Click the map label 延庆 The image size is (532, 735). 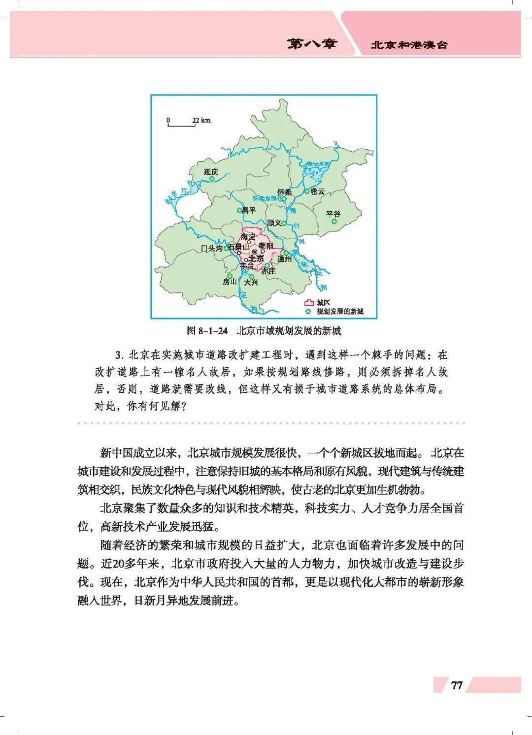210,172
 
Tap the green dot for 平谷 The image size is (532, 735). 334,222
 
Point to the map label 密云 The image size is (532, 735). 318,192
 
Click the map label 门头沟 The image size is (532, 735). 212,249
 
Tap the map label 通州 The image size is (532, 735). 284,259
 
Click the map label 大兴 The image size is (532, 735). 251,282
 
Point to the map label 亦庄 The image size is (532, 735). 268,271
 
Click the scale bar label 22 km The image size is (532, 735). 201,120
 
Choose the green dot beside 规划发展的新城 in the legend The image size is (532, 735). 309,312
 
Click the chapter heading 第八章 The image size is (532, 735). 312,44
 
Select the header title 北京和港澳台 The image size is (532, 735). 409,45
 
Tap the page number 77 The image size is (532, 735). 457,685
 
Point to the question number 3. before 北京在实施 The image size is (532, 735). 118,355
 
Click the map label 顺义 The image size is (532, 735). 274,223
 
